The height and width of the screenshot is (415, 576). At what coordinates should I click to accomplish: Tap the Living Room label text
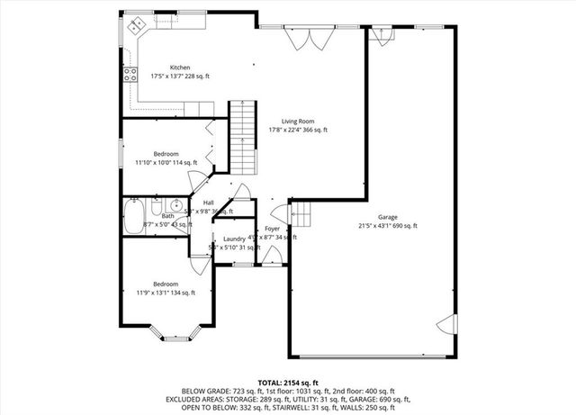click(298, 121)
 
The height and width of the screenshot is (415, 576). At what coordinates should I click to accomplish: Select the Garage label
click(388, 217)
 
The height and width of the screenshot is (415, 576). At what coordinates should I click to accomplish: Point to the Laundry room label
click(234, 239)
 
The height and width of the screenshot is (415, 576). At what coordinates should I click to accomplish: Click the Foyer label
click(272, 230)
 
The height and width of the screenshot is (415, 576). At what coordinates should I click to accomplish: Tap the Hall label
click(208, 203)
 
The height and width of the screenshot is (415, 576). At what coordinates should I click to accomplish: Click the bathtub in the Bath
click(133, 215)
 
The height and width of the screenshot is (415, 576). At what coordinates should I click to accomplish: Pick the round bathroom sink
click(177, 205)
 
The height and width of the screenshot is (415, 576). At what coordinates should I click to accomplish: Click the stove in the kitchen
click(129, 77)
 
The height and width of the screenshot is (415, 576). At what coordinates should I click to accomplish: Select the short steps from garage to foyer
click(302, 214)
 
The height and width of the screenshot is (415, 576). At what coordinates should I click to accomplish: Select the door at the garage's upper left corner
click(384, 36)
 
